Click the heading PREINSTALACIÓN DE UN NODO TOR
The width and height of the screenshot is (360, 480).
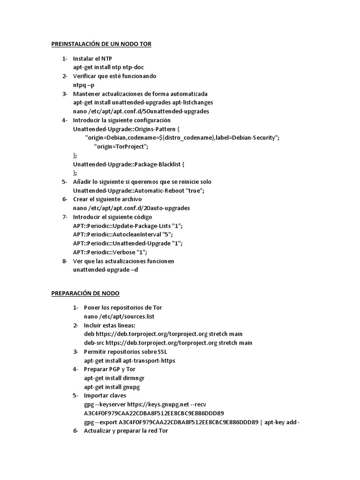coord(101,44)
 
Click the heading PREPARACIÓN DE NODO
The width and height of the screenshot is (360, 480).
coord(85,293)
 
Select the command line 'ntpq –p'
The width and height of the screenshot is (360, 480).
coord(83,85)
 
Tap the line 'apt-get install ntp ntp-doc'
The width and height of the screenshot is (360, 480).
coord(108,67)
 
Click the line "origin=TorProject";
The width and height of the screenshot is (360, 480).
coord(121,146)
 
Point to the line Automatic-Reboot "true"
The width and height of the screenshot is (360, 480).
coord(139,190)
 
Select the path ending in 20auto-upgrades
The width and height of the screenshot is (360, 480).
coord(131,208)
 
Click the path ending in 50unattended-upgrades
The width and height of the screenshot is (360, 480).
coord(141,111)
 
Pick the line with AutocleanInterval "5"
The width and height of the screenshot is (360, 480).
coord(123,234)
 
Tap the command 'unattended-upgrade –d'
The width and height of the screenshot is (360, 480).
coord(105,270)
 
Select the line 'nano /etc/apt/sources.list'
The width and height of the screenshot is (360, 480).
coord(119,316)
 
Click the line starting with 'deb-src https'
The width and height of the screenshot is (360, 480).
coord(168,343)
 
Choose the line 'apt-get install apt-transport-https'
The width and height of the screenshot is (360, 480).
coord(130,360)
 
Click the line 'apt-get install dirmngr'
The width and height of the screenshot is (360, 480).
coord(114,378)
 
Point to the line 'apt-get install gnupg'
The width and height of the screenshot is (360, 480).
coord(112,387)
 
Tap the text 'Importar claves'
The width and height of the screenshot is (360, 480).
coord(105,396)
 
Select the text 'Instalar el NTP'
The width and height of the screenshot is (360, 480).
coord(92,59)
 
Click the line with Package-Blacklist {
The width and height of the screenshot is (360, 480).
coord(129,164)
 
